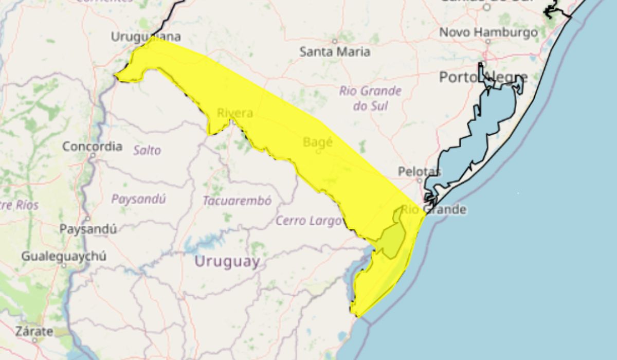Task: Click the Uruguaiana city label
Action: [146, 37]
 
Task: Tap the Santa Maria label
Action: [335, 51]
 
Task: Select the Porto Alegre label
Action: [483, 78]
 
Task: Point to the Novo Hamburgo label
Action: [488, 32]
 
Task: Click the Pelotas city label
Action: [420, 171]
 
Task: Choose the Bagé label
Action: [318, 142]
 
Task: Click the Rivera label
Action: [234, 113]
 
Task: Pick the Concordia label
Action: [93, 147]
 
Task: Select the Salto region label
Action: [147, 150]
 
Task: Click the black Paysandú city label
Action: [88, 229]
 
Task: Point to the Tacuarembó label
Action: [237, 201]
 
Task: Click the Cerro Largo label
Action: [308, 221]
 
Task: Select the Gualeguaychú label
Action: [64, 256]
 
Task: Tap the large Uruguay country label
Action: [227, 262]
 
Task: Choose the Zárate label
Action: [34, 332]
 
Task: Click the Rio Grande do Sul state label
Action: [370, 98]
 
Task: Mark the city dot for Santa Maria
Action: [334, 41]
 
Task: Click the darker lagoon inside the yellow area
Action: [393, 239]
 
